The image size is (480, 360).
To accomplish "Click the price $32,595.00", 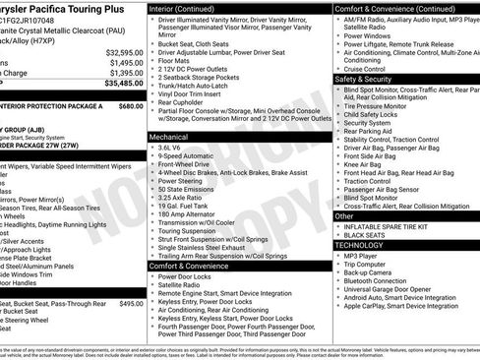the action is pyautogui.click(x=123, y=52).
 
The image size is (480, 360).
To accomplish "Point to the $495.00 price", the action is pyautogui.click(x=130, y=304).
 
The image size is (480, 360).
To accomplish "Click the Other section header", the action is pyautogui.click(x=345, y=215).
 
